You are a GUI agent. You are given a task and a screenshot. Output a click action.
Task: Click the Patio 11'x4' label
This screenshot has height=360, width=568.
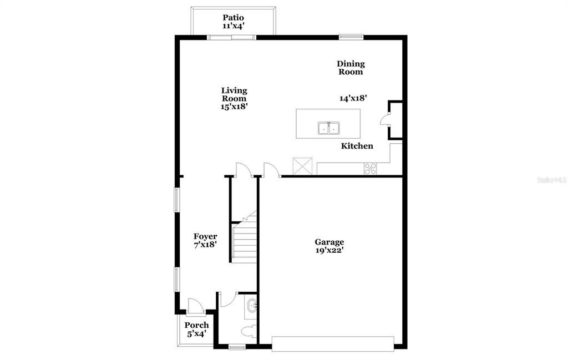[x=234, y=22]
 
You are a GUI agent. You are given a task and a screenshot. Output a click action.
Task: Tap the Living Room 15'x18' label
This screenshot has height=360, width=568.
[x=234, y=99]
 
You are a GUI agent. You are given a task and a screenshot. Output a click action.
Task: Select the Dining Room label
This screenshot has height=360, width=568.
[x=351, y=68]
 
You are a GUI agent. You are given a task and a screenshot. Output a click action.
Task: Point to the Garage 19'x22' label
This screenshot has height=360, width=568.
[x=329, y=246]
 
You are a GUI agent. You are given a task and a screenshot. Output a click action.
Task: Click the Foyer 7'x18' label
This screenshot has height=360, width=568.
[x=205, y=240]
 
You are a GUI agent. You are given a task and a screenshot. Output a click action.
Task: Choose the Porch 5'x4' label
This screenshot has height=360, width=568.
[x=197, y=329]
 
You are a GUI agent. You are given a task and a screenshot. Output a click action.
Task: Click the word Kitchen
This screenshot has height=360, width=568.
[x=357, y=146]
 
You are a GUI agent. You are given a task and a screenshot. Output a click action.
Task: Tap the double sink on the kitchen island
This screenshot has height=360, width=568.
[x=329, y=128]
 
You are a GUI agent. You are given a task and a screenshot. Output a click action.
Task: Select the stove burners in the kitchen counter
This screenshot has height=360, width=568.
[x=371, y=169]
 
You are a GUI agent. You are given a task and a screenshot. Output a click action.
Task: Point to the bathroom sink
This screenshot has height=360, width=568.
[x=252, y=305]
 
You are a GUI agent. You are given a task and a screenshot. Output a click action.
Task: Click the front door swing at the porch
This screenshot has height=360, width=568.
[x=195, y=305]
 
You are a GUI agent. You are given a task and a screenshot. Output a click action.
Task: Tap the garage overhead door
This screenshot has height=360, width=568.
[x=333, y=343]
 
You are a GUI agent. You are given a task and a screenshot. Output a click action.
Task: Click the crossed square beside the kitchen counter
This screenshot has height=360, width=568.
[x=303, y=166]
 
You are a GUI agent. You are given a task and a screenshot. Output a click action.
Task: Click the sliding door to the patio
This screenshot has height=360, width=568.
[x=232, y=37]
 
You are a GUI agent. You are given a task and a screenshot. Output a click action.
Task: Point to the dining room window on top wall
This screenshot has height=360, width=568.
[x=351, y=37]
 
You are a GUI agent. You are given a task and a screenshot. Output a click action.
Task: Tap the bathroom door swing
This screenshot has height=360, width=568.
[x=227, y=300]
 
